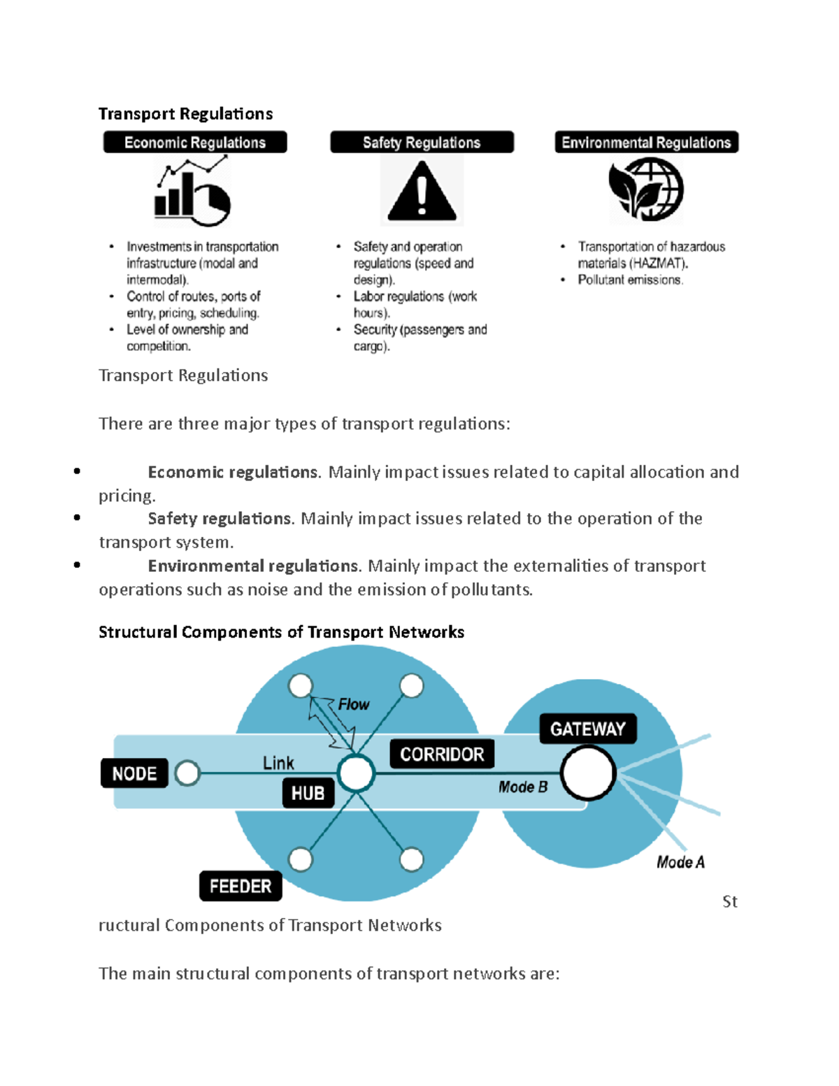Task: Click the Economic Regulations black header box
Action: [x=195, y=143]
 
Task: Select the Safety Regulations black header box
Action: [x=422, y=143]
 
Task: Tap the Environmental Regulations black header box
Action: [x=646, y=143]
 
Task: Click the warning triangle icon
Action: [x=422, y=191]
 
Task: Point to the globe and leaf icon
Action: [x=646, y=189]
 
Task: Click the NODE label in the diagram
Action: [x=134, y=773]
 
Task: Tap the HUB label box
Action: [x=308, y=793]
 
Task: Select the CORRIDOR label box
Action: [x=442, y=754]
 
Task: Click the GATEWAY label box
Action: [x=587, y=729]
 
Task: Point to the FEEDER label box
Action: [x=241, y=886]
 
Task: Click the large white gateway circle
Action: [x=588, y=773]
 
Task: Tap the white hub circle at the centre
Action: [x=356, y=773]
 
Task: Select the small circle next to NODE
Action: [x=187, y=773]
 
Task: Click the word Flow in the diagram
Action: [x=353, y=704]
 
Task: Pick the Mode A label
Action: [x=680, y=862]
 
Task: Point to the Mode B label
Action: [x=523, y=787]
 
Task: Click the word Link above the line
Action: [x=278, y=763]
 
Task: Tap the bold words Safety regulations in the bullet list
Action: [x=219, y=519]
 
